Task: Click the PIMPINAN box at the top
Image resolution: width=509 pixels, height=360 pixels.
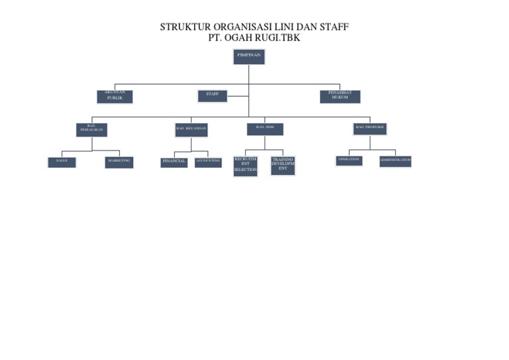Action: click(x=249, y=57)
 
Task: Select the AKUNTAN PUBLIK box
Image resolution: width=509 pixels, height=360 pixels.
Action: click(x=115, y=97)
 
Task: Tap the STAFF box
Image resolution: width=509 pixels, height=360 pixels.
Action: click(x=212, y=96)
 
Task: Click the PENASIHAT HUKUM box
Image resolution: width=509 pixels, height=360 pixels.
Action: click(x=340, y=97)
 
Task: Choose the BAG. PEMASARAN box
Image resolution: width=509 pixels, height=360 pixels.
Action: click(x=91, y=130)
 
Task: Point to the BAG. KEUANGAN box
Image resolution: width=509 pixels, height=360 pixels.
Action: click(x=192, y=130)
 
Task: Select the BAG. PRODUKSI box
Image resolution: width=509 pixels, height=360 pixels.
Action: click(x=370, y=129)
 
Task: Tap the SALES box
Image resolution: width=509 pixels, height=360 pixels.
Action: click(x=62, y=162)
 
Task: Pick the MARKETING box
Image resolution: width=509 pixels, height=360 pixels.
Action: click(x=119, y=162)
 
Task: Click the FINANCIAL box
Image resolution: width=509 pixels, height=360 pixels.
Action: click(x=174, y=162)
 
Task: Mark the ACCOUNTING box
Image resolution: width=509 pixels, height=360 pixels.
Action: click(x=208, y=162)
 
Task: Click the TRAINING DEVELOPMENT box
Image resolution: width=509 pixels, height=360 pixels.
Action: click(x=283, y=166)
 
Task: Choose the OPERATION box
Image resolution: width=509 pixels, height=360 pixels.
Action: click(x=349, y=160)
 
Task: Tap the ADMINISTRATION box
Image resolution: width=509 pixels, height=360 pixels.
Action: click(x=396, y=161)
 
